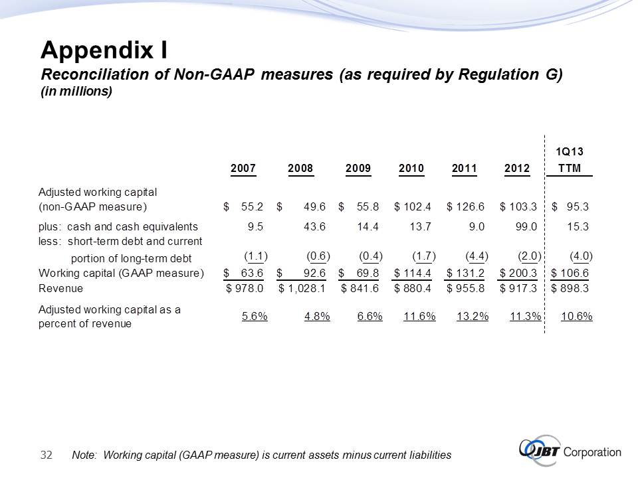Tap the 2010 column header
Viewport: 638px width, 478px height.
tap(411, 169)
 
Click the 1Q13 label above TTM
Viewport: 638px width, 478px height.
tap(570, 152)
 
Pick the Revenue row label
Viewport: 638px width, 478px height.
tap(61, 288)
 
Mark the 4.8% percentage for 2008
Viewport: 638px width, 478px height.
tap(316, 316)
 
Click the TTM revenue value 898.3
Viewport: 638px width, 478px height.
tap(576, 288)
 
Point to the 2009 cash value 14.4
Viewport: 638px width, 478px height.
tap(368, 226)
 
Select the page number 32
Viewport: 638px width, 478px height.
tap(47, 455)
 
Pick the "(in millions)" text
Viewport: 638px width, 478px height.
tap(76, 92)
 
